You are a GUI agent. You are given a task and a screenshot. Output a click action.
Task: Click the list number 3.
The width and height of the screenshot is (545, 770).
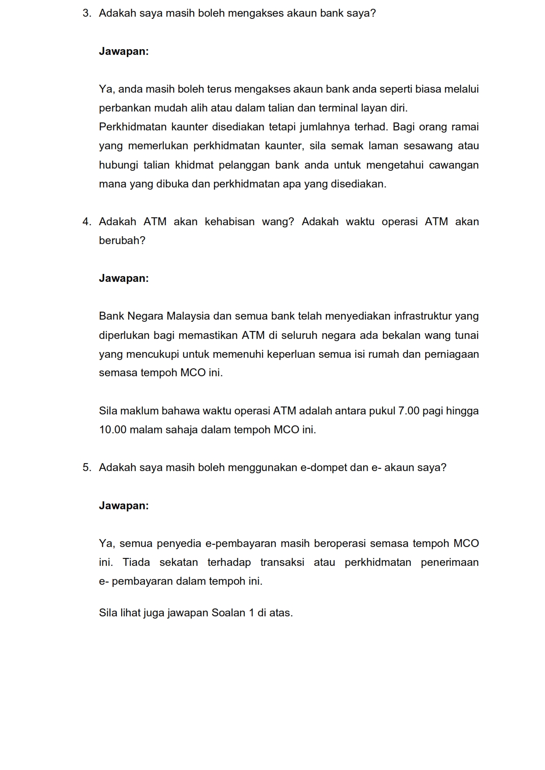87,14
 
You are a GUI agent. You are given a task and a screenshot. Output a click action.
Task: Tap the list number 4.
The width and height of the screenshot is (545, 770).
87,222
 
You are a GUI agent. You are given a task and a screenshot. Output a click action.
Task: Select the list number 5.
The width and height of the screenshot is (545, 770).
87,468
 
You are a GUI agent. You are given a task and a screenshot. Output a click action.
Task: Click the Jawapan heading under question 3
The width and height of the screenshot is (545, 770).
124,51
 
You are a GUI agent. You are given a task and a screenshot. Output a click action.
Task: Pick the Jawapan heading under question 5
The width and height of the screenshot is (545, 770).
124,506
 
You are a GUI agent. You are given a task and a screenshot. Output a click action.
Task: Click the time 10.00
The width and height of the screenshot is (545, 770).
113,430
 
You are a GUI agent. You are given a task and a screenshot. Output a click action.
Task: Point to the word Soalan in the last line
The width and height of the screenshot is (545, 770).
228,613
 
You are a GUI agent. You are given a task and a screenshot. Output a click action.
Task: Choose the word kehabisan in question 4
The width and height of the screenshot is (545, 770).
230,222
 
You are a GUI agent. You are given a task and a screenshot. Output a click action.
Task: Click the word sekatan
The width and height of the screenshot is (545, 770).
178,562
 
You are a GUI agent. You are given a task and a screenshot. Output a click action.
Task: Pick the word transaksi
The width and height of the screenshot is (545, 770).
282,562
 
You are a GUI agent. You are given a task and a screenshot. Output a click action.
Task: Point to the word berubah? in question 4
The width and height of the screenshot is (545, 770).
122,241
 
